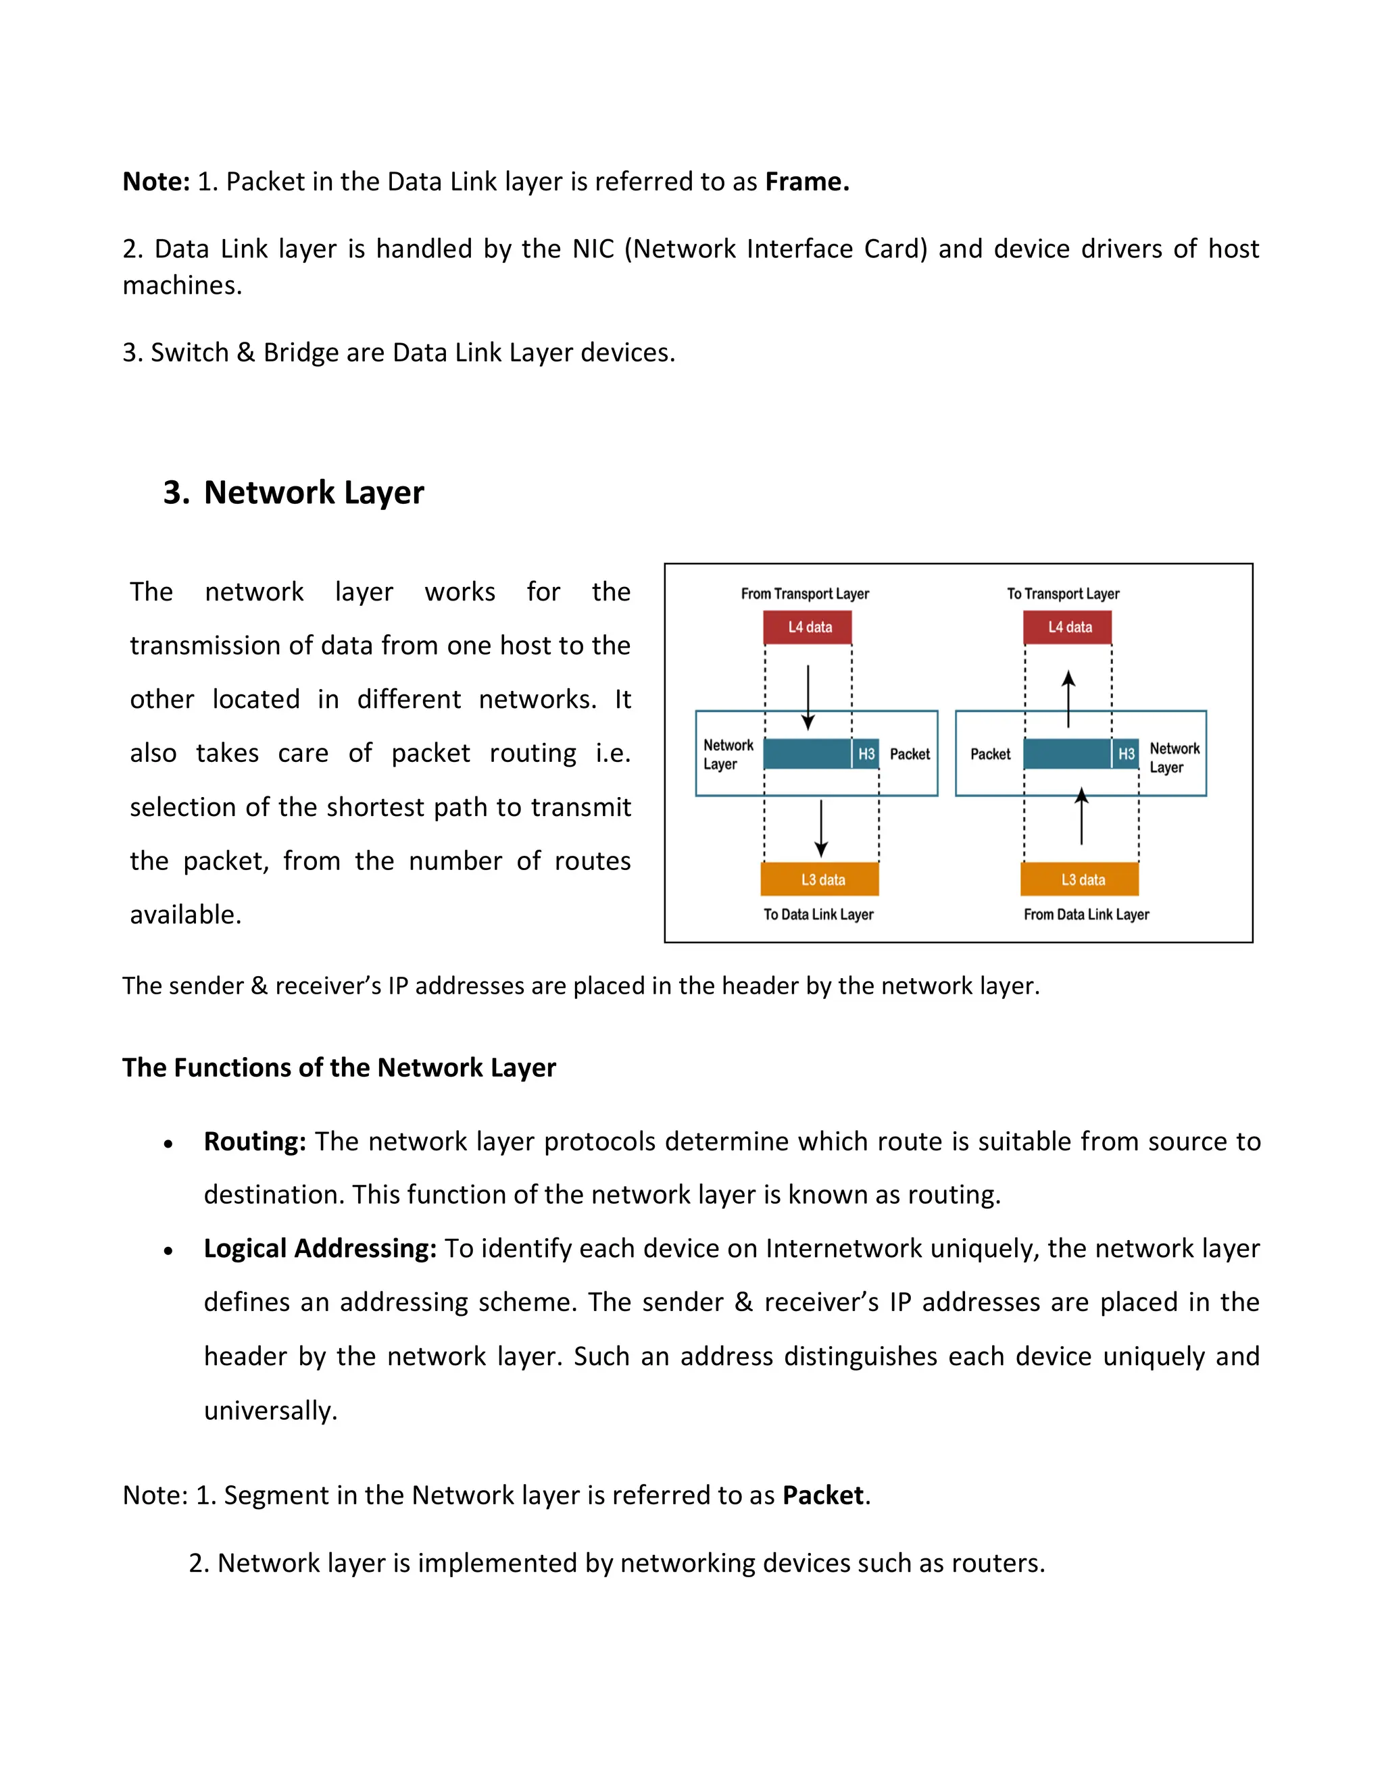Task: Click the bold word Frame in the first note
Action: [806, 181]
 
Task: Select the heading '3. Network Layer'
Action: [293, 492]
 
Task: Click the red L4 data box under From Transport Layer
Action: [808, 627]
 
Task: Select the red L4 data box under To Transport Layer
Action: [1068, 627]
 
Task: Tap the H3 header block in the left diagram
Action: [866, 754]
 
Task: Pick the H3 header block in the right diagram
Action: [1126, 754]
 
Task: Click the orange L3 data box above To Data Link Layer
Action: [820, 879]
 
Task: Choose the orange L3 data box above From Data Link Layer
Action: [1081, 879]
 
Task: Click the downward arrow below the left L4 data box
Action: [808, 696]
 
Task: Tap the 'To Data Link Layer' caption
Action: [818, 914]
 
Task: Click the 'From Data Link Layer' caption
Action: [1085, 914]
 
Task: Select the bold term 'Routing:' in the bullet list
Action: [255, 1141]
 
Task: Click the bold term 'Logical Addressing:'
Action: [320, 1248]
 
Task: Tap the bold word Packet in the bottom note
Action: [822, 1495]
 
